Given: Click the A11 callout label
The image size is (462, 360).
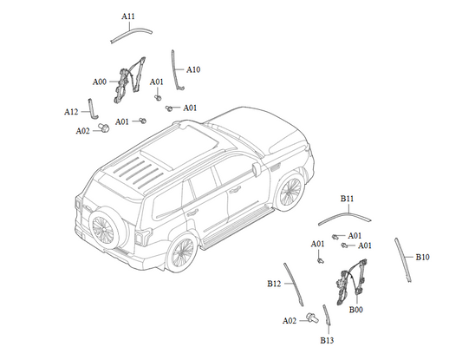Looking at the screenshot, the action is (128, 16).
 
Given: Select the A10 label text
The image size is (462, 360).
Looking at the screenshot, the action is (193, 70).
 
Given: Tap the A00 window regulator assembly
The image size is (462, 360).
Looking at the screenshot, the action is (129, 80).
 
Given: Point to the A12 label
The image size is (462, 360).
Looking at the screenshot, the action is (71, 112).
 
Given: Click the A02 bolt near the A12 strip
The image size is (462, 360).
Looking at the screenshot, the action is (104, 128).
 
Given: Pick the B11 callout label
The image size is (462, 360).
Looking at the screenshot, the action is (347, 199).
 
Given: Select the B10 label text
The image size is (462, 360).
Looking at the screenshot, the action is (422, 257).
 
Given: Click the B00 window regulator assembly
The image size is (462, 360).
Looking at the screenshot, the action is (352, 282).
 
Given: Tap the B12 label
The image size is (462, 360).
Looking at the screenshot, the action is (274, 284).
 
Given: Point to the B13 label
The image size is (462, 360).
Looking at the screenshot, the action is (327, 341).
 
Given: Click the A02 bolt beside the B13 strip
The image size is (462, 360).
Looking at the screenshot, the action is (312, 317).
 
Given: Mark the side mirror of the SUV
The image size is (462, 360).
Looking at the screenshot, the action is (256, 169).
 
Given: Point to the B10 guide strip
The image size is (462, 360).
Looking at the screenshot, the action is (403, 259).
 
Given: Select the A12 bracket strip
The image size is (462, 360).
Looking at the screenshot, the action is (92, 109).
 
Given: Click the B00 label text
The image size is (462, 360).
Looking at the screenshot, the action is (356, 310).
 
